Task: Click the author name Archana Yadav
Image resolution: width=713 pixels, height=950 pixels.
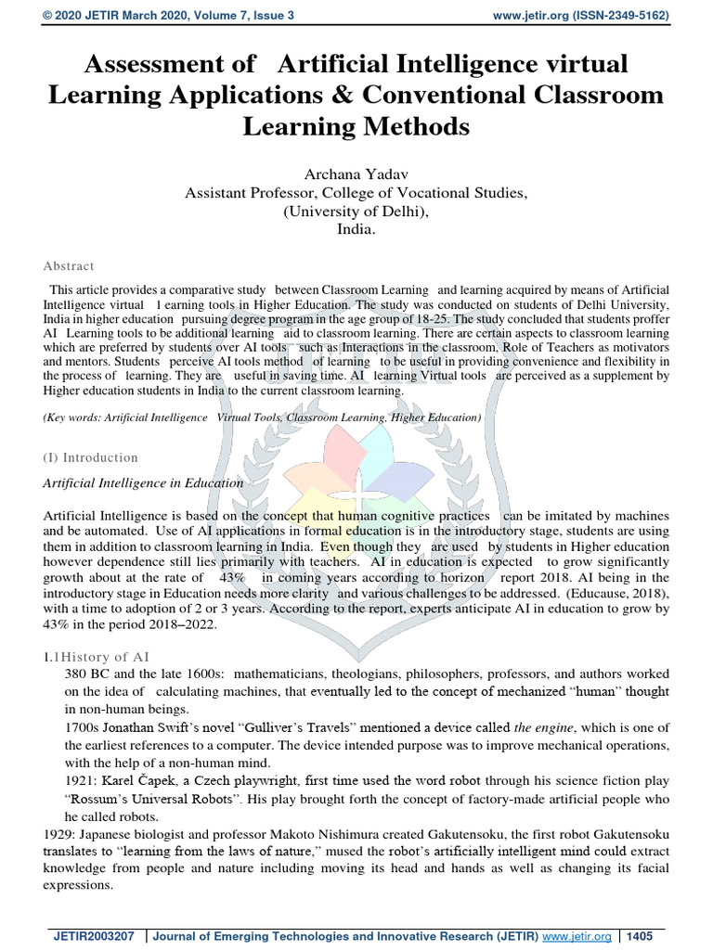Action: tap(356, 174)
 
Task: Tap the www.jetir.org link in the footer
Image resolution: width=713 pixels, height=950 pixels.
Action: tap(578, 935)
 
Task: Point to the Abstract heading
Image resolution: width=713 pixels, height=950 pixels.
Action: tap(68, 265)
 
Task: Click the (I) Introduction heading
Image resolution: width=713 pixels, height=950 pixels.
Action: tap(91, 457)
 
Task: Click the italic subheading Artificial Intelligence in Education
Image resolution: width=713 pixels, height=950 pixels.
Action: tap(144, 483)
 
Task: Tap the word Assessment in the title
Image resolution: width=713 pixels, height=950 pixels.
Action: tap(156, 64)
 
